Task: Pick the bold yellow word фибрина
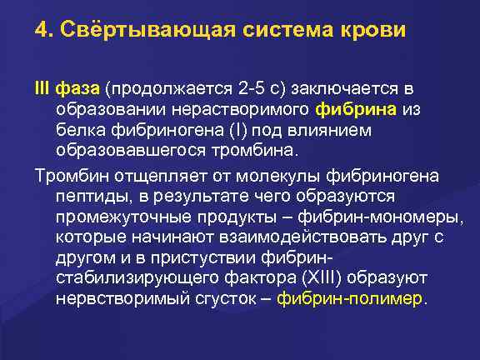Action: pyautogui.click(x=357, y=109)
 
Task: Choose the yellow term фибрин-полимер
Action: pyautogui.click(x=350, y=299)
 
